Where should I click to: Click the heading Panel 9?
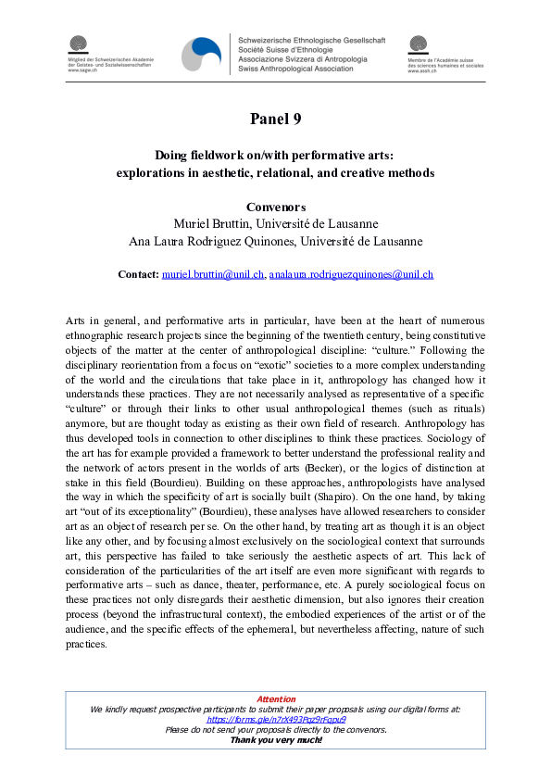click(275, 119)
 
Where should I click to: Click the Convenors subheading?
click(275, 207)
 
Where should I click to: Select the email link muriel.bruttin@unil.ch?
click(213, 275)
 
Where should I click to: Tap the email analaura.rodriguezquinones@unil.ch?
click(351, 275)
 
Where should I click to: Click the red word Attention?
click(275, 699)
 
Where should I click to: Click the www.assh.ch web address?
click(422, 73)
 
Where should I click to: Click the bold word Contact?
click(139, 275)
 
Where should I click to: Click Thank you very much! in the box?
click(275, 739)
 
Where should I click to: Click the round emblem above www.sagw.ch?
click(79, 44)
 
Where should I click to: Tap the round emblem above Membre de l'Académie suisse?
click(420, 44)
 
